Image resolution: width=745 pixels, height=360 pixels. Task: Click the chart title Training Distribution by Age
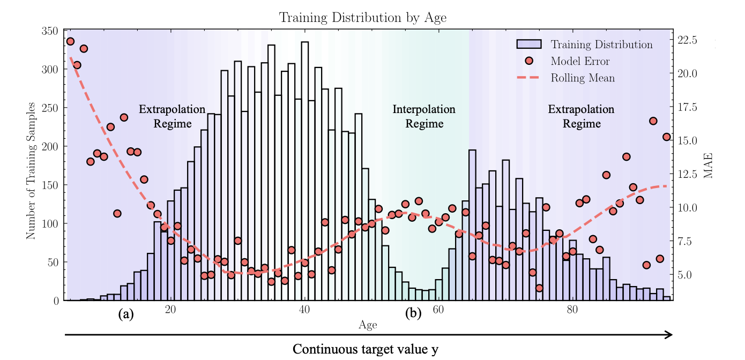pos(363,17)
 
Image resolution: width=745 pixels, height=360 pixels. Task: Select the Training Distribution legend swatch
pos(529,44)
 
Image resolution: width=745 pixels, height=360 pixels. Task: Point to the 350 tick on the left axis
pos(50,31)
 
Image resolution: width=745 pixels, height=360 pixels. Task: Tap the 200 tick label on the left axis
pos(50,147)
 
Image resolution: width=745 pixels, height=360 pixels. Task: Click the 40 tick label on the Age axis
pos(304,310)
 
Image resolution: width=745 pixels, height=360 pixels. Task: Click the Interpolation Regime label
pos(424,117)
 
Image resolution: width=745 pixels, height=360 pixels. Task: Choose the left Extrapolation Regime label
pos(172,117)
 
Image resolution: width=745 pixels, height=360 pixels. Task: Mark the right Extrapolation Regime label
pos(581,117)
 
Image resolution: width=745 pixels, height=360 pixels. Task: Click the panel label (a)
pos(126,314)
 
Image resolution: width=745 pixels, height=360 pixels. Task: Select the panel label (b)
pos(413,314)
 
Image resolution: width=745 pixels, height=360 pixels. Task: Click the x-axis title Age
pos(368,325)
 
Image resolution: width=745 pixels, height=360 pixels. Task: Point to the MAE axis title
pos(709,165)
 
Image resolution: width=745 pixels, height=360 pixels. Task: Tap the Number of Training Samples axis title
pos(31,170)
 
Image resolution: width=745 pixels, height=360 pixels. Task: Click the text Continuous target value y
pos(365,350)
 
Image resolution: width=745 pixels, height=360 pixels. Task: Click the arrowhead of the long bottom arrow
pos(669,335)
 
